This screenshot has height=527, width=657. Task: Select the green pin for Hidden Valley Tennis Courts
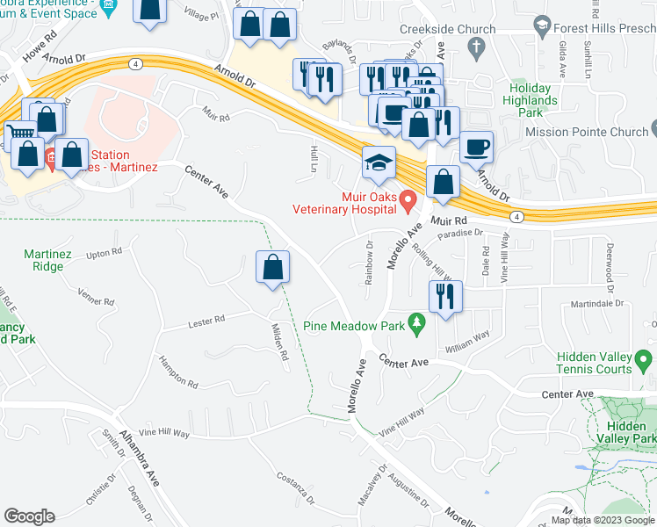click(x=644, y=360)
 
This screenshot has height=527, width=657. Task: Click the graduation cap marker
click(x=379, y=164)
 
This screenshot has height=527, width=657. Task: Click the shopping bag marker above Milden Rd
click(x=273, y=267)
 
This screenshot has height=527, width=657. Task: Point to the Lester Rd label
click(x=206, y=322)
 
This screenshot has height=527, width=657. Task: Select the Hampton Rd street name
click(x=178, y=372)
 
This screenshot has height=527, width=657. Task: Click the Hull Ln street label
click(x=313, y=159)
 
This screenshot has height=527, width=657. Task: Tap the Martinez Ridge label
click(x=47, y=261)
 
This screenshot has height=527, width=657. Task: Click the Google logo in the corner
click(x=29, y=516)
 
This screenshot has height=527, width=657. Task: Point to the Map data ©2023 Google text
click(x=602, y=520)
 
